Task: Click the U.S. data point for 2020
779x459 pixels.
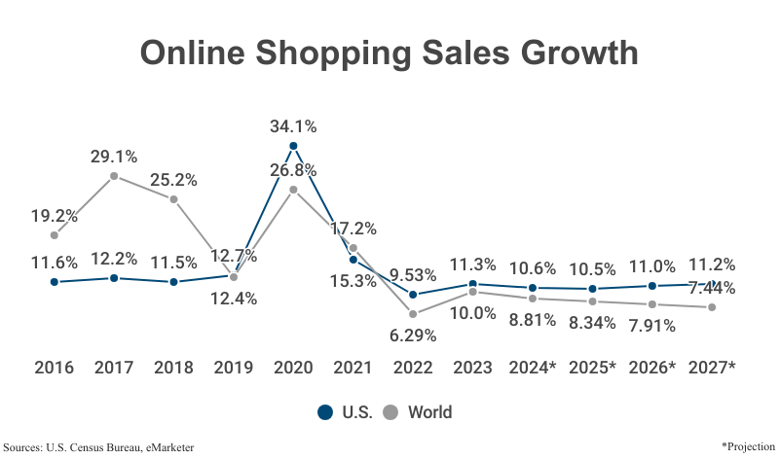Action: pos(293,146)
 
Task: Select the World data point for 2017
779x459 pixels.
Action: pos(114,176)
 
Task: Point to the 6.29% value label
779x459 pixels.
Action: pos(413,335)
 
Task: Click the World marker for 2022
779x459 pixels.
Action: pos(413,314)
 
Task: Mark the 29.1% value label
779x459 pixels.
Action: pos(114,156)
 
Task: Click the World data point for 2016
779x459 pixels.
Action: pos(55,235)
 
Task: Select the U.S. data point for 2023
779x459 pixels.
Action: pos(472,284)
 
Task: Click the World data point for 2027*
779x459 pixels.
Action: pos(712,307)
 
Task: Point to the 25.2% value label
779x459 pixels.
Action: pos(173,180)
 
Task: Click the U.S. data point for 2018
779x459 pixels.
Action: pos(173,282)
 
